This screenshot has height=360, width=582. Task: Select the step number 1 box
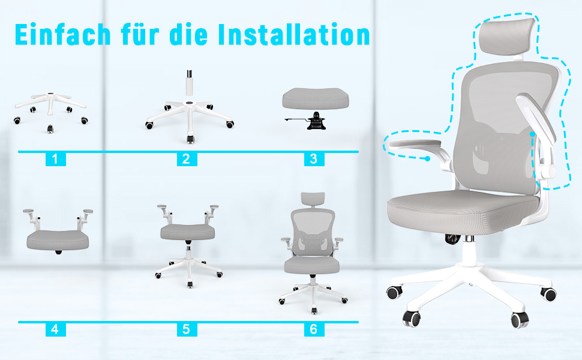pyautogui.click(x=55, y=159)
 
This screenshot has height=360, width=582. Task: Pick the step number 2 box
pyautogui.click(x=187, y=159)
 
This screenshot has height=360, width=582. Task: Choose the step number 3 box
pyautogui.click(x=314, y=159)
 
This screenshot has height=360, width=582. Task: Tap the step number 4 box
pyautogui.click(x=55, y=329)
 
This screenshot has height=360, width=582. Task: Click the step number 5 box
pyautogui.click(x=187, y=329)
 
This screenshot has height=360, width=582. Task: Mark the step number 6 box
pyautogui.click(x=314, y=329)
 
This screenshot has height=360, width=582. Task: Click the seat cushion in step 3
pyautogui.click(x=316, y=98)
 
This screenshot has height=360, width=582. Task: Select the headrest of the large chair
pyautogui.click(x=507, y=37)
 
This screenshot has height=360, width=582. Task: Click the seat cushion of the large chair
pyautogui.click(x=462, y=212)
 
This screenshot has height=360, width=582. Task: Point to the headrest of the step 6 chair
pyautogui.click(x=313, y=200)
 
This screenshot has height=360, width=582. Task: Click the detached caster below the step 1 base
pyautogui.click(x=50, y=129)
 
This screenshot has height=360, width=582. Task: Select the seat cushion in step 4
pyautogui.click(x=58, y=240)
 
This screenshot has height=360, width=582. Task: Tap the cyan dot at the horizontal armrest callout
pyautogui.click(x=428, y=159)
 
